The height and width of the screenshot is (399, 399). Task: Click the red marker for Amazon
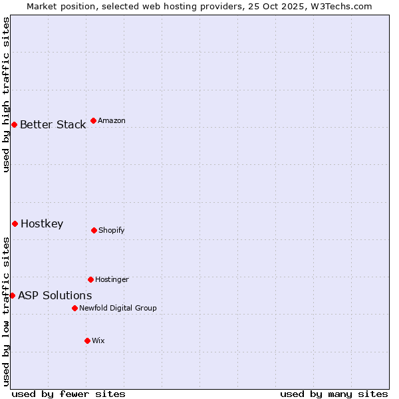tap(93, 120)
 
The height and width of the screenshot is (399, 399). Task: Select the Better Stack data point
tap(14, 124)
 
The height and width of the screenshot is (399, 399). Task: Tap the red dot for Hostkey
tap(15, 223)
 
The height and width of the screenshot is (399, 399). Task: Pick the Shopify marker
tap(94, 230)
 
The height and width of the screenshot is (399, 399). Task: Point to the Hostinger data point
tap(90, 279)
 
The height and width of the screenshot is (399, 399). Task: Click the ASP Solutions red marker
tap(12, 295)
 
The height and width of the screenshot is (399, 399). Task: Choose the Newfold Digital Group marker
tap(74, 308)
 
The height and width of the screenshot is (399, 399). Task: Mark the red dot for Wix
tap(87, 340)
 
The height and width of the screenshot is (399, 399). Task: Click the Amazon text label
tap(112, 120)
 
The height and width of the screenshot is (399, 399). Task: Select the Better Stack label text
tap(53, 124)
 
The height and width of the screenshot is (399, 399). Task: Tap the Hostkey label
tap(42, 223)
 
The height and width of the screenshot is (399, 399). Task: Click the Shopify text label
tap(112, 230)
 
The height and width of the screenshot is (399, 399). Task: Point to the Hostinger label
tap(112, 279)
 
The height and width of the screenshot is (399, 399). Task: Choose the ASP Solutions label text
tap(55, 295)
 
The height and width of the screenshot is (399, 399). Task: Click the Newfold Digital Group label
tap(118, 308)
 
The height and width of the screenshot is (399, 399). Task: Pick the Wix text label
tap(98, 340)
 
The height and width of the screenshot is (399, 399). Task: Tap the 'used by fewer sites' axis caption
tap(68, 394)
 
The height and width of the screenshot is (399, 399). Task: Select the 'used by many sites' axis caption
tap(334, 394)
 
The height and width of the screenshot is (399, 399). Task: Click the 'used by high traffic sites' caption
tap(6, 94)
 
